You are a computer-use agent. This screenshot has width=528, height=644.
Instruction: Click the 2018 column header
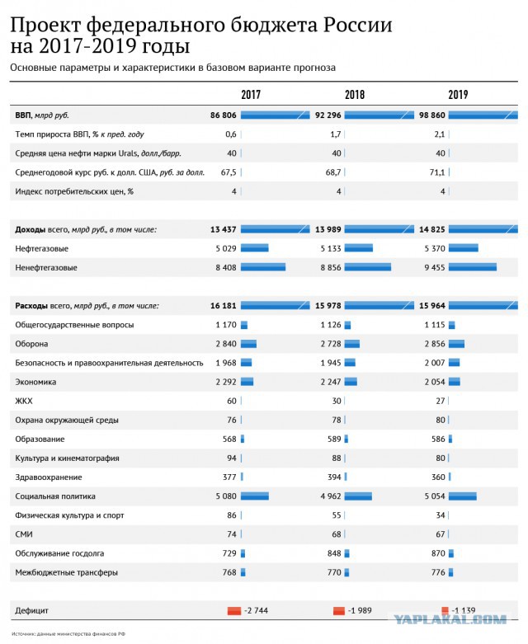point(355,95)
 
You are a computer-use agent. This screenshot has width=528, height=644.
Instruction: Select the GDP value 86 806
point(223,115)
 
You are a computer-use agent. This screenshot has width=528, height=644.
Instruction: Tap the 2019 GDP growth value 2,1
point(439,134)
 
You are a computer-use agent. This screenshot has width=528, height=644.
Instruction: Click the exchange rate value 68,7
point(333,172)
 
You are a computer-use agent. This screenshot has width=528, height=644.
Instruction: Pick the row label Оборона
point(31,344)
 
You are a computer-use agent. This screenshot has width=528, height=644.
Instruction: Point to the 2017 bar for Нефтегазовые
point(254,248)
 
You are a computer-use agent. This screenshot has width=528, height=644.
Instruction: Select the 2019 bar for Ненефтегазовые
point(473,267)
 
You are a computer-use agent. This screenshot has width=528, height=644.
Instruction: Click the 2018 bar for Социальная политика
point(358,496)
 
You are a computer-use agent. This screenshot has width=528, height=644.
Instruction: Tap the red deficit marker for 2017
point(234,611)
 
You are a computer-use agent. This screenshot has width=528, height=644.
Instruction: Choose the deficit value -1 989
point(360,610)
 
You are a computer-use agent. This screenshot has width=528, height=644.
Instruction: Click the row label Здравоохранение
point(49,477)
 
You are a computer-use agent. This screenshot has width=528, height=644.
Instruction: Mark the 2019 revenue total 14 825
point(431,229)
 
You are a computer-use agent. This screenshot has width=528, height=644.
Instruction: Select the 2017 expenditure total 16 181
point(223,306)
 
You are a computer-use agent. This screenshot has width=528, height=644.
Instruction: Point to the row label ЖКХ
point(24,401)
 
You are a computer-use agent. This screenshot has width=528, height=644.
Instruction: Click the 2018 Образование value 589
point(334,439)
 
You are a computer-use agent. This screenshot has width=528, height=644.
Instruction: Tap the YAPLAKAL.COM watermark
point(450,619)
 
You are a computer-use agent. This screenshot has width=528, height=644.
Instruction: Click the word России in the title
point(357,25)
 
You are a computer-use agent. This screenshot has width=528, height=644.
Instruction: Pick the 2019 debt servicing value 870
point(438,553)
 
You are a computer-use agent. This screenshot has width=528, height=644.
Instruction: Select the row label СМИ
point(24,534)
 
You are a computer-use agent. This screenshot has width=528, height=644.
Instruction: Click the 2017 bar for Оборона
point(248,344)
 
